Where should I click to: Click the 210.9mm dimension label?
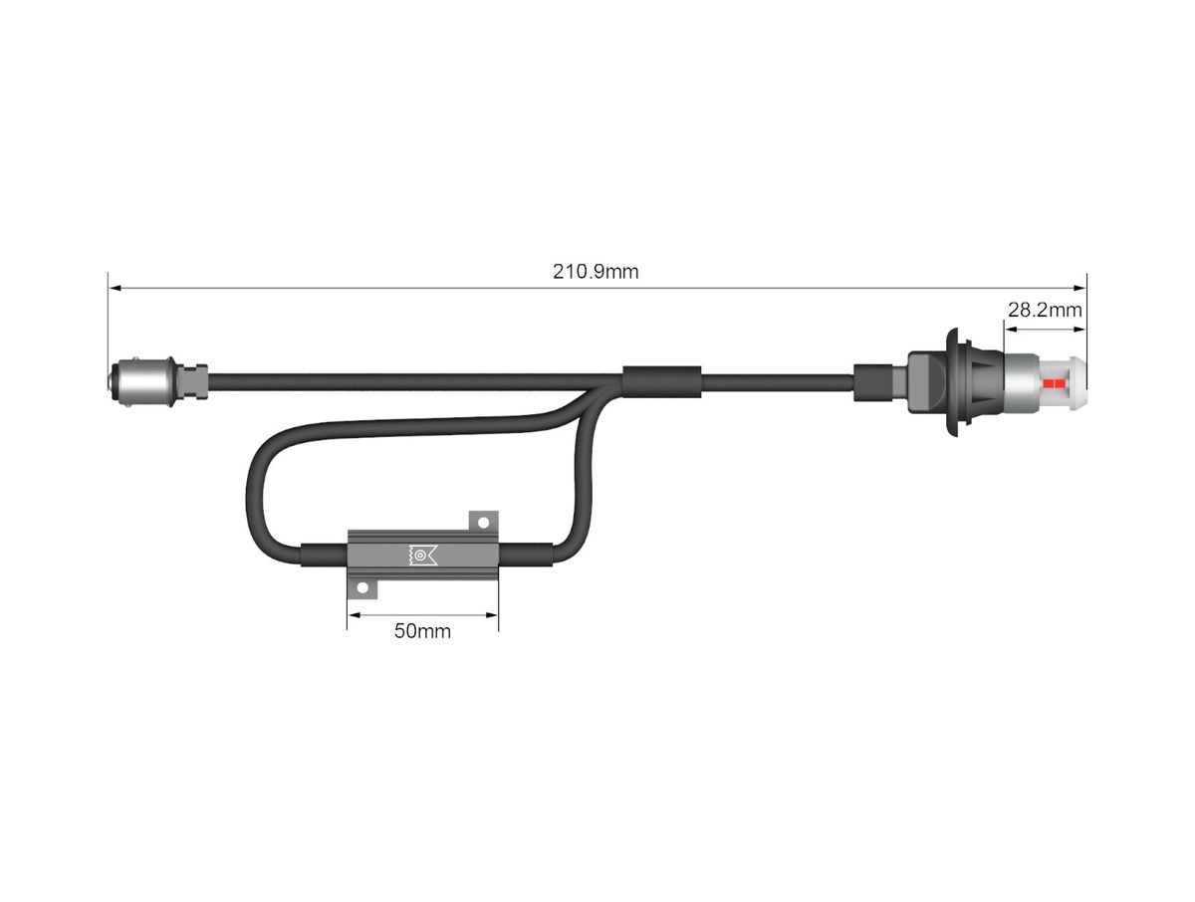(596, 271)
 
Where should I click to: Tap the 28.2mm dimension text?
(1045, 310)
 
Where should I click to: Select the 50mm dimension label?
(422, 631)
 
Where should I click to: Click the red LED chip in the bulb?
(1053, 383)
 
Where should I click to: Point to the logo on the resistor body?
(423, 555)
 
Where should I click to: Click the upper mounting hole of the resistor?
(483, 523)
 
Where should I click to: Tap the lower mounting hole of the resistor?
(362, 588)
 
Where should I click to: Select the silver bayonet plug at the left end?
(142, 381)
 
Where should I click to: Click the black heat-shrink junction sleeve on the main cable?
(662, 381)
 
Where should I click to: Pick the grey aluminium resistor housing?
(423, 555)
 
